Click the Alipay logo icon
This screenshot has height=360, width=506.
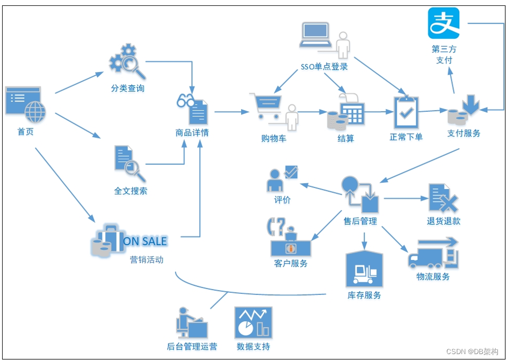[444, 23]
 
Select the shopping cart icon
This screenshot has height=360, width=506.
[265, 106]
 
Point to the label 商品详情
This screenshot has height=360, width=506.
[192, 133]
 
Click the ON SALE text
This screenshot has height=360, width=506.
[145, 241]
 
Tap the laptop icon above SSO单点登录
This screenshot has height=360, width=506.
[316, 35]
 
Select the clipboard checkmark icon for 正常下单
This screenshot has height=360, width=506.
[406, 112]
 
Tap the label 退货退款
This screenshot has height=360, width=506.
[443, 221]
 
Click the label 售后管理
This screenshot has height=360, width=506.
[360, 221]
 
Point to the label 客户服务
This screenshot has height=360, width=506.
[291, 263]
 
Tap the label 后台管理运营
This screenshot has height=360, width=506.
[192, 347]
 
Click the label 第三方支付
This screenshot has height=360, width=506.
[444, 54]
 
